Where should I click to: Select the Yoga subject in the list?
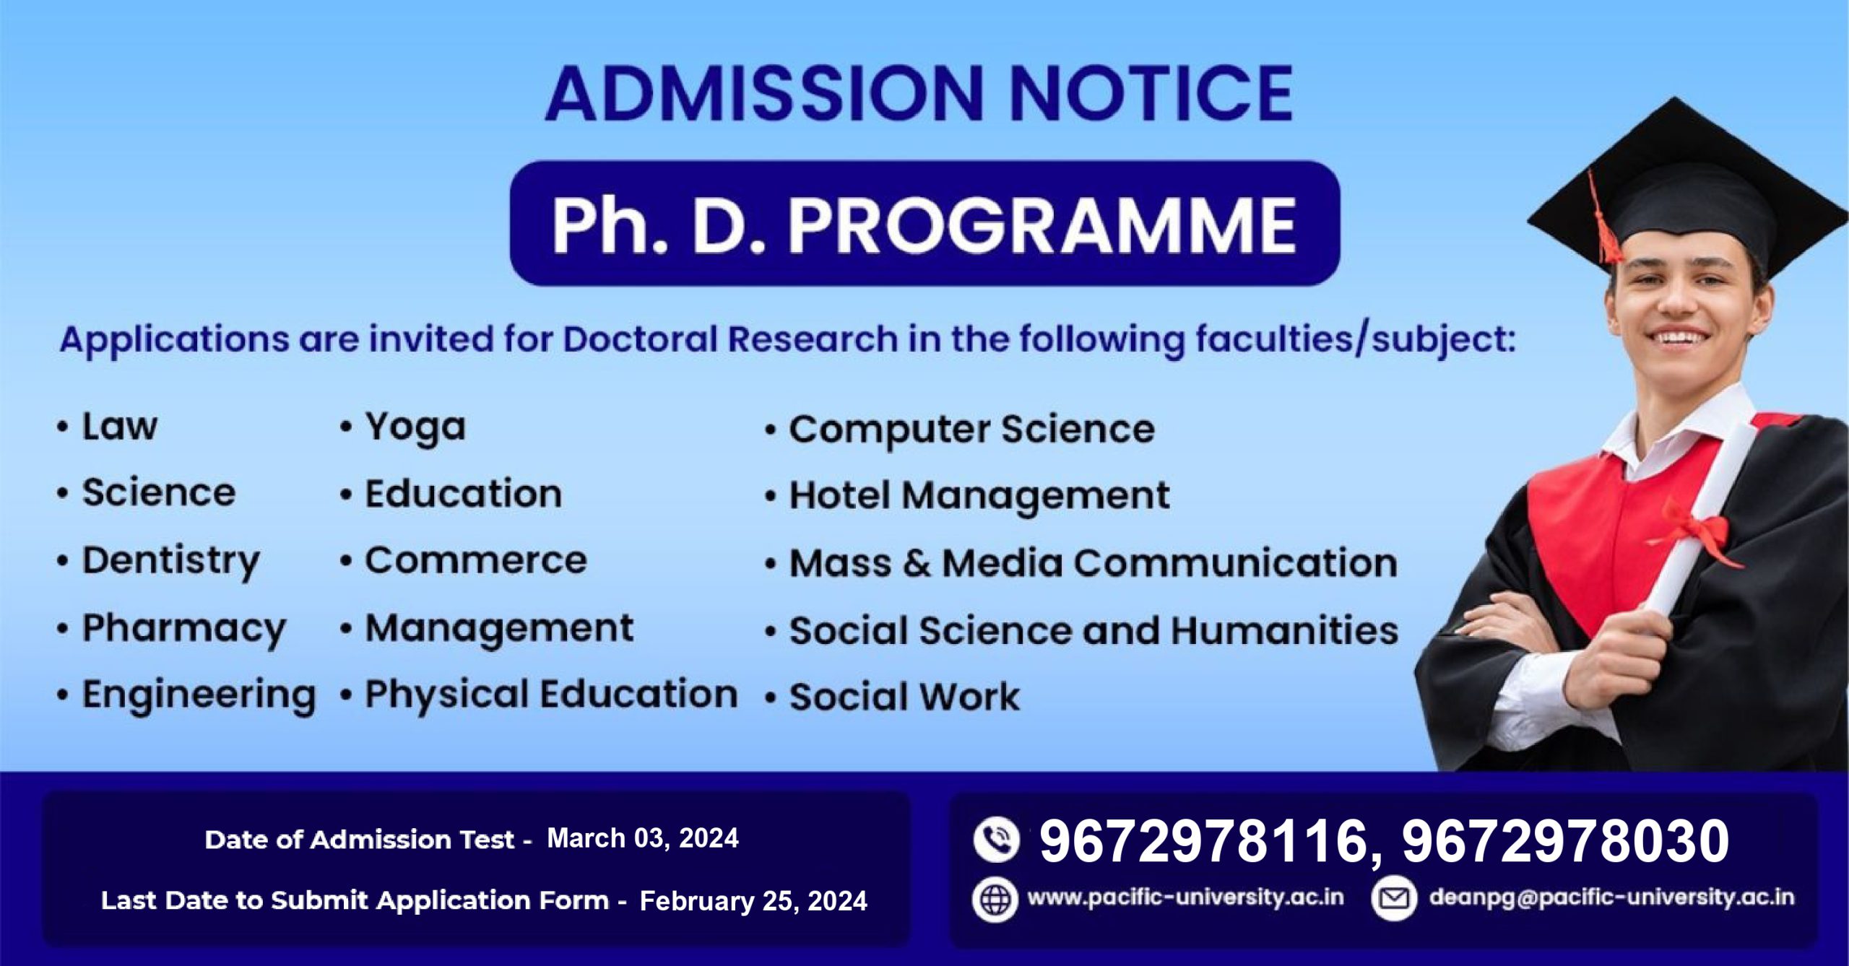(415, 428)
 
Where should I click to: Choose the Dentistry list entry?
(171, 562)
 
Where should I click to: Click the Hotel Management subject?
(979, 496)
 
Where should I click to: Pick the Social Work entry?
(904, 697)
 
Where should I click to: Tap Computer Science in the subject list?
(971, 430)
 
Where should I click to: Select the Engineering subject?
(199, 696)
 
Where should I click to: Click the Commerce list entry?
(476, 560)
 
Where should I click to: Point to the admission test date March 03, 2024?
(643, 838)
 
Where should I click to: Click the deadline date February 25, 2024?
(753, 901)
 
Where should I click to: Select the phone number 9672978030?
(1566, 842)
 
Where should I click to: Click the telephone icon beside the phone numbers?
(996, 840)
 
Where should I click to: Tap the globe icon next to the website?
(995, 899)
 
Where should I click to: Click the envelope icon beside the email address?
(1394, 898)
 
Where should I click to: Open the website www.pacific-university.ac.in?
(1185, 897)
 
